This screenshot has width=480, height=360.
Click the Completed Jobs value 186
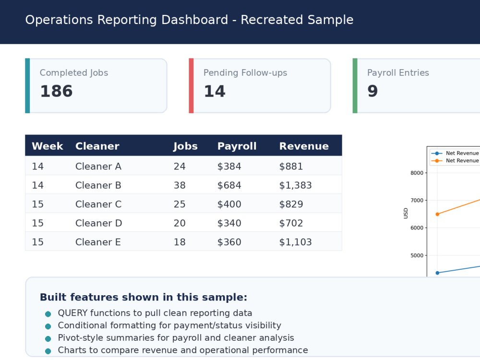pyautogui.click(x=56, y=91)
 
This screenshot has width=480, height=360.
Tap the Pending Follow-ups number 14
pyautogui.click(x=215, y=91)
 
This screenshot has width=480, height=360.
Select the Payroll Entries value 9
pyautogui.click(x=372, y=91)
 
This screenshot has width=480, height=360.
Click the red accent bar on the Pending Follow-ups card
pyautogui.click(x=192, y=86)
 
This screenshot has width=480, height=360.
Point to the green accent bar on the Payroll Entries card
pyautogui.click(x=355, y=86)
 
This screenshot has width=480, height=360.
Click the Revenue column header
pyautogui.click(x=304, y=146)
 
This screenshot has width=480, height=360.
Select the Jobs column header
pyautogui.click(x=185, y=146)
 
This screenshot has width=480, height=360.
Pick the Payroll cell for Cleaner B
pyautogui.click(x=229, y=185)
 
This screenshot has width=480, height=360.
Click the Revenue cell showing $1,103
pyautogui.click(x=295, y=242)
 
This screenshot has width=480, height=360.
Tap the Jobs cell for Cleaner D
pyautogui.click(x=180, y=223)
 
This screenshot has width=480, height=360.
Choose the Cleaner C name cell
pyautogui.click(x=98, y=204)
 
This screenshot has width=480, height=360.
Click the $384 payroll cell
pyautogui.click(x=229, y=166)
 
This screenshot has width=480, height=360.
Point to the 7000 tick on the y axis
pyautogui.click(x=417, y=200)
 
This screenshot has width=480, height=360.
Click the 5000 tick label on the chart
pyautogui.click(x=417, y=255)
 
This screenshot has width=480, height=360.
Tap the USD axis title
pyautogui.click(x=406, y=214)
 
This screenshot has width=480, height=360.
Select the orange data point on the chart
pyautogui.click(x=437, y=214)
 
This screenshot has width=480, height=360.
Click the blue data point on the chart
pyautogui.click(x=437, y=273)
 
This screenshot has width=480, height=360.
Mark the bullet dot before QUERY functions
pyautogui.click(x=48, y=314)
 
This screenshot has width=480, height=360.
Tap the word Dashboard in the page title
pyautogui.click(x=195, y=20)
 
